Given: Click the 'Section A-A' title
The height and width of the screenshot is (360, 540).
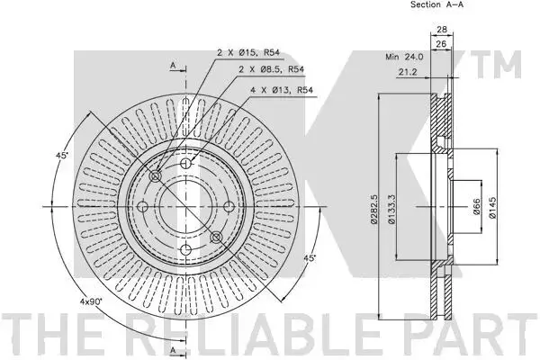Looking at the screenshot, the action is [436, 4].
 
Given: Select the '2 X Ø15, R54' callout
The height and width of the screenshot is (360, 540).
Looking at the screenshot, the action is [248, 53].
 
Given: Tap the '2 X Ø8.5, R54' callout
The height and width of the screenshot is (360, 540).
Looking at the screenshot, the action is [272, 69].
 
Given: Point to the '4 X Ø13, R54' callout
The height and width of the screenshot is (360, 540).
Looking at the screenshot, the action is [282, 90].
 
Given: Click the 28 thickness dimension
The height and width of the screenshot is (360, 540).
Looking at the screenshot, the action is [442, 30].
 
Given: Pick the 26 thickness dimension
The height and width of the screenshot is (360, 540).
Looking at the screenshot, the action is [441, 44].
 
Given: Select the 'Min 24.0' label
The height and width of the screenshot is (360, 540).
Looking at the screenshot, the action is [404, 57].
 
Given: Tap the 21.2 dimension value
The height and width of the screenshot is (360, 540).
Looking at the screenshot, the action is [408, 72].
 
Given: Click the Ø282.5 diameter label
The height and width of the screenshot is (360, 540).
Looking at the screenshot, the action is [373, 210].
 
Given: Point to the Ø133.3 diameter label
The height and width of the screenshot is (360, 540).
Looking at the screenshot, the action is [391, 210].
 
